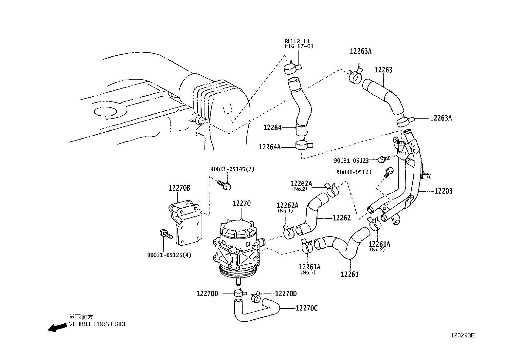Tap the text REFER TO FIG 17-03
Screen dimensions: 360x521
click(299, 44)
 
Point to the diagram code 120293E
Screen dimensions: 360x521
click(462, 335)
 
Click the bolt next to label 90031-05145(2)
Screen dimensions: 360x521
click(225, 185)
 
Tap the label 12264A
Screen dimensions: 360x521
click(269, 147)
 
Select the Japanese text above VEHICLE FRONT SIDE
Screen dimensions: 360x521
click(81, 317)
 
